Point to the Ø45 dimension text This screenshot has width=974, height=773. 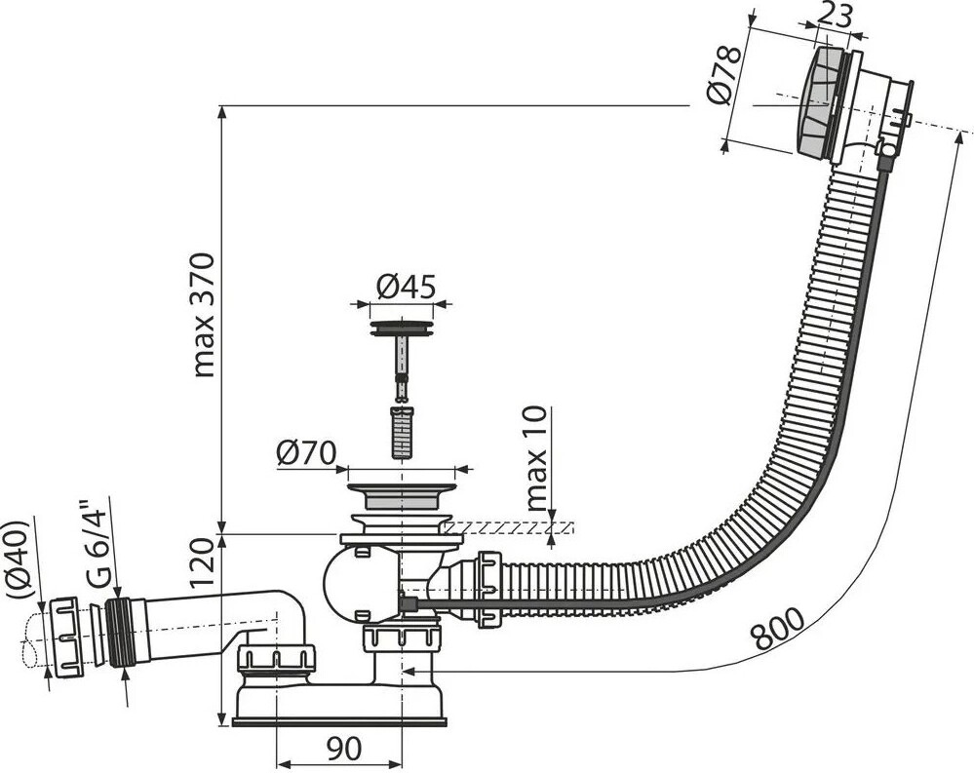(405, 287)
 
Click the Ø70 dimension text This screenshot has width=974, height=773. (305, 453)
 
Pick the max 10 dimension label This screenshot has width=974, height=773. (537, 459)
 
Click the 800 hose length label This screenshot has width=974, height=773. (779, 630)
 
